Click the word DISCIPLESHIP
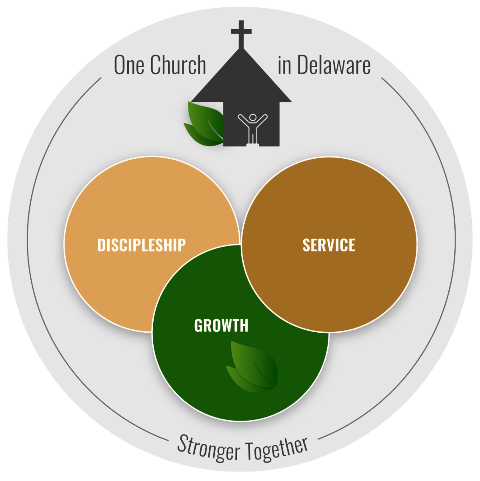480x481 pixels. (142, 245)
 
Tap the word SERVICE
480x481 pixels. (329, 245)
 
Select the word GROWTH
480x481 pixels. (221, 326)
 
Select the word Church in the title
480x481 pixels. (178, 65)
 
